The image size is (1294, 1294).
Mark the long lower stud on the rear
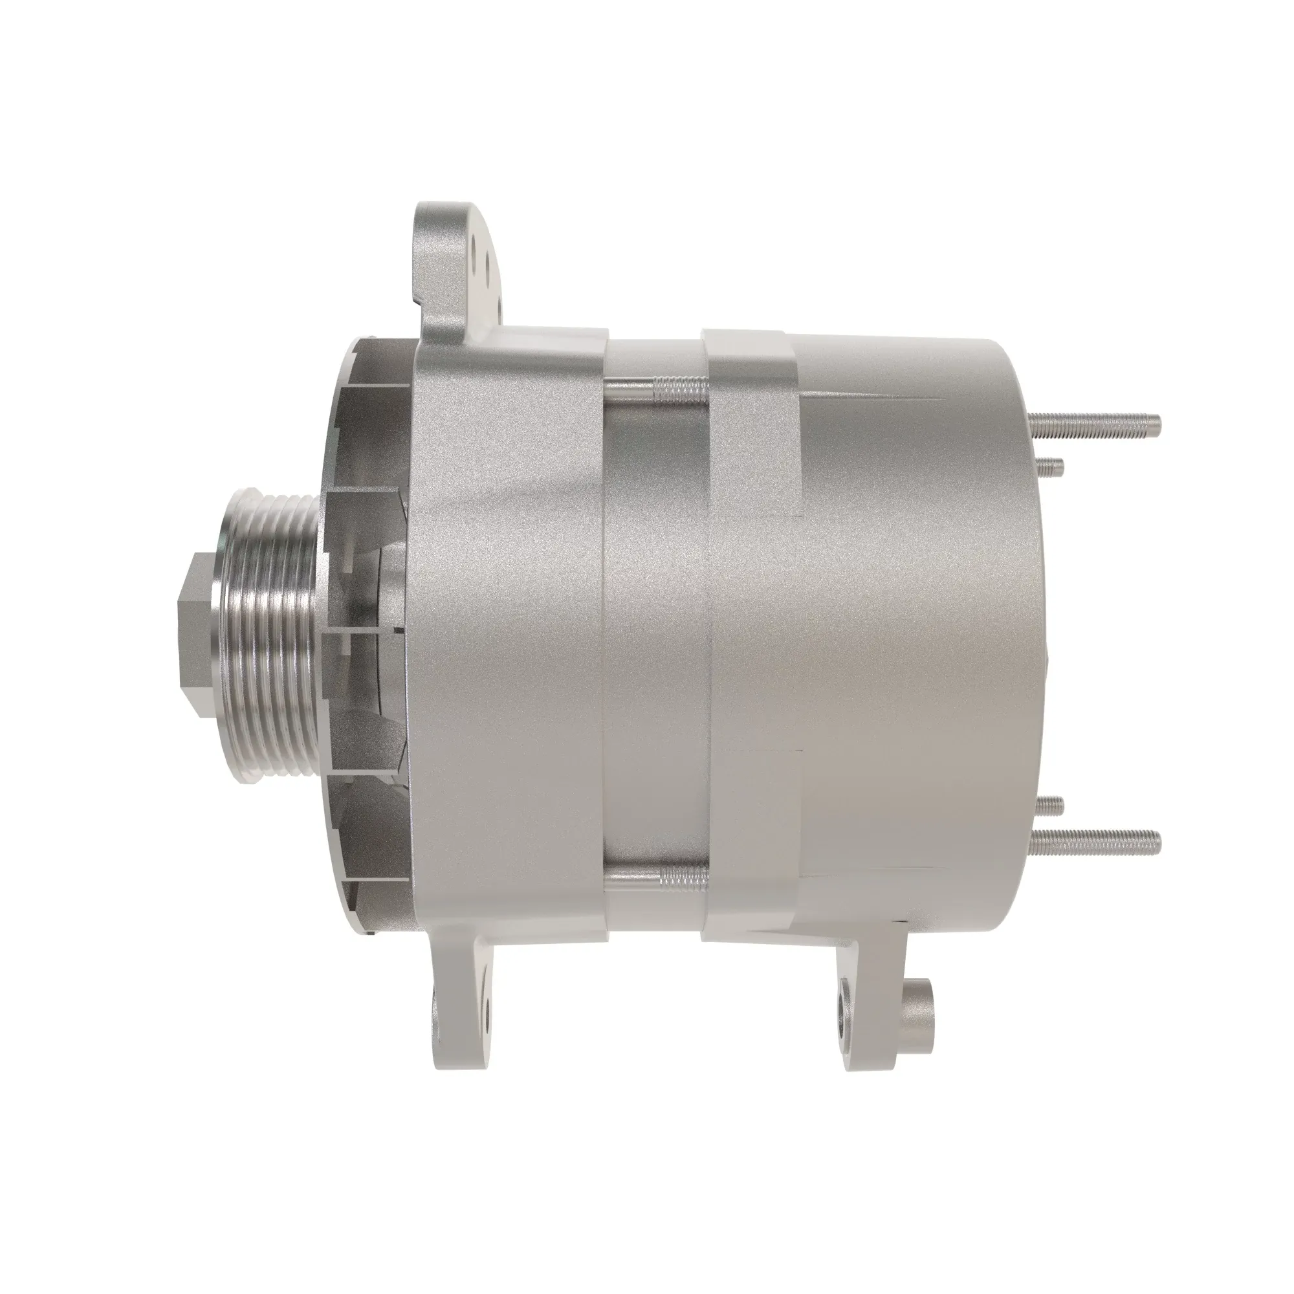(1099, 842)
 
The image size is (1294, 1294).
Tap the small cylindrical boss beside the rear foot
(921, 1021)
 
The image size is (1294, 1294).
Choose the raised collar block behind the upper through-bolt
(750, 422)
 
